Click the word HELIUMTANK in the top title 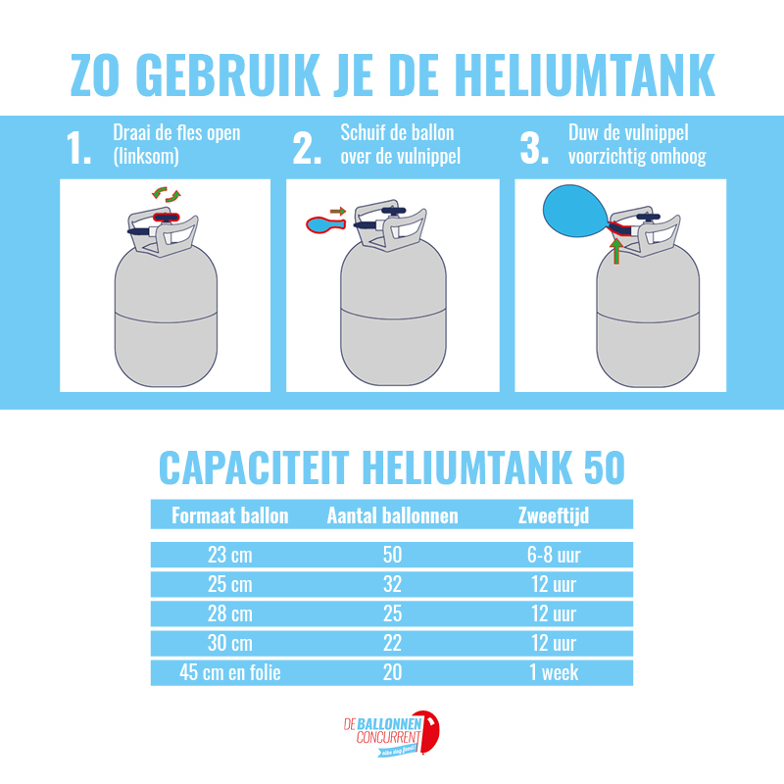pos(584,74)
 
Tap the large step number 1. pos(78,148)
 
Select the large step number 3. pos(534,148)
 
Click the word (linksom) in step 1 pos(146,156)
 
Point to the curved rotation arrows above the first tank pos(167,194)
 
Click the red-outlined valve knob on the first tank pos(167,217)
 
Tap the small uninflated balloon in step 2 pos(325,224)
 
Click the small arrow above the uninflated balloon pos(338,211)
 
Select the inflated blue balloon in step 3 pos(576,211)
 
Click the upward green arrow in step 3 pos(617,251)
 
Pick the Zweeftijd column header pos(554,515)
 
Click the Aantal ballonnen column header pos(393,515)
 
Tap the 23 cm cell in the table pos(230,555)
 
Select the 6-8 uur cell pos(554,555)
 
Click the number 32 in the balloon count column pos(393,584)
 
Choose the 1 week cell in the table pos(554,672)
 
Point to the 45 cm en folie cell pos(230,672)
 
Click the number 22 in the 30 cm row pos(393,643)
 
